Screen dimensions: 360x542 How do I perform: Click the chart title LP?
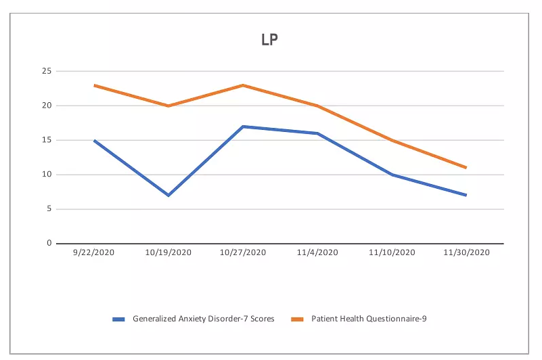[x=270, y=39]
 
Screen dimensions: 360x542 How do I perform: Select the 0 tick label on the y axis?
[x=48, y=243]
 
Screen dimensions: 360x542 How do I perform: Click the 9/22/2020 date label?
[x=94, y=252]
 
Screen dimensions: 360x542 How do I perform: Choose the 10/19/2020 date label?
[x=168, y=252]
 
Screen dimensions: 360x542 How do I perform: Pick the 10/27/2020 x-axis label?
[x=243, y=252]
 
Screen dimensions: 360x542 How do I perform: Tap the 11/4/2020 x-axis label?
[x=317, y=252]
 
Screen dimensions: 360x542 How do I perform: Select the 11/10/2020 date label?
[x=392, y=252]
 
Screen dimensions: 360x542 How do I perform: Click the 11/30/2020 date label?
[x=466, y=252]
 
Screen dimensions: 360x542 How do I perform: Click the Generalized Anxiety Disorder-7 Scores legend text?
[x=204, y=319]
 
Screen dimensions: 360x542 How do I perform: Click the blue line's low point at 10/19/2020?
[x=168, y=195]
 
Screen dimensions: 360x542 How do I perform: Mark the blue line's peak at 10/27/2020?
[x=243, y=127]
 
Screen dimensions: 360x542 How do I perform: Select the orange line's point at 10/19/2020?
[x=168, y=106]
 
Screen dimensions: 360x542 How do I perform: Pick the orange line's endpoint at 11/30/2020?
[x=466, y=167]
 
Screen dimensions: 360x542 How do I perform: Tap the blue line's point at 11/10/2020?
[x=392, y=175]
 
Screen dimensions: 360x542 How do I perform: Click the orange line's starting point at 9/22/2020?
[x=94, y=85]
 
